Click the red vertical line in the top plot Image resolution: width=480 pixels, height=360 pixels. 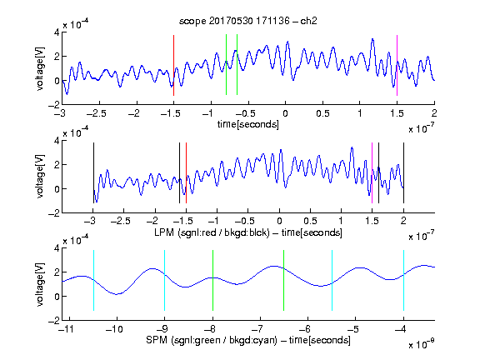click(x=173, y=66)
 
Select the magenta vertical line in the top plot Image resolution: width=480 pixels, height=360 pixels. click(x=397, y=66)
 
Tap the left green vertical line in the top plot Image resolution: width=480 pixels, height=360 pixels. click(x=226, y=65)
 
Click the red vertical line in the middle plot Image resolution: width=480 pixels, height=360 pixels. click(x=186, y=173)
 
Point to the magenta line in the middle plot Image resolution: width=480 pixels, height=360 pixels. click(x=372, y=173)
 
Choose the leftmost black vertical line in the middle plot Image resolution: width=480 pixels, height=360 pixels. click(x=93, y=173)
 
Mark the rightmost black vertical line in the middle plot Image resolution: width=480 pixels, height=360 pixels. click(x=403, y=173)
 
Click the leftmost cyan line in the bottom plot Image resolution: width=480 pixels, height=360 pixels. click(x=93, y=280)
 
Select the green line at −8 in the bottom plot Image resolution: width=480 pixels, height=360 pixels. click(x=212, y=280)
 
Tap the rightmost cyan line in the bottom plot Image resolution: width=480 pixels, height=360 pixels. click(x=403, y=280)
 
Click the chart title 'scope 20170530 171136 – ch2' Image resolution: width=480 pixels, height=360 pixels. click(x=248, y=21)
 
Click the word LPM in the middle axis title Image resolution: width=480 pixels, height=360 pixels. click(x=164, y=232)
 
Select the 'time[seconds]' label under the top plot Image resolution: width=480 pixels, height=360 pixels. click(x=248, y=124)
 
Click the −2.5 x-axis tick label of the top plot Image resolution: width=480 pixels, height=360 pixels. click(x=97, y=113)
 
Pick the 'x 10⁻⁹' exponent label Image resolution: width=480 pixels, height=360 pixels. click(x=421, y=343)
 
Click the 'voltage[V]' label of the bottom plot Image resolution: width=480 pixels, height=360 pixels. click(x=40, y=285)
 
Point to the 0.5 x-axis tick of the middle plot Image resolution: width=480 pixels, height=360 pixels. click(x=310, y=221)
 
